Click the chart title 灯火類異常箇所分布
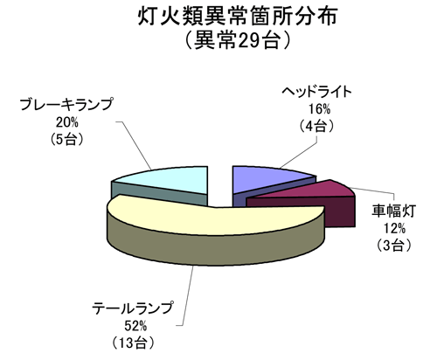tap(238, 17)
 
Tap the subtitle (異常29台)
tap(238, 39)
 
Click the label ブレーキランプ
tap(66, 105)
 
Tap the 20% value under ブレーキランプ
tap(67, 122)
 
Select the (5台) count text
tap(67, 139)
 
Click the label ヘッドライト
tap(316, 92)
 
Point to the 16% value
tap(319, 109)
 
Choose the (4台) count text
tap(316, 126)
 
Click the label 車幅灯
tap(393, 211)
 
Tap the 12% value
tap(394, 229)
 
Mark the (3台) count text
tap(394, 246)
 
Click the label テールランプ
tap(132, 308)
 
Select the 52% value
tap(135, 326)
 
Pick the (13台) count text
tap(133, 343)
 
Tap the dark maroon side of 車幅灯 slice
tap(339, 212)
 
